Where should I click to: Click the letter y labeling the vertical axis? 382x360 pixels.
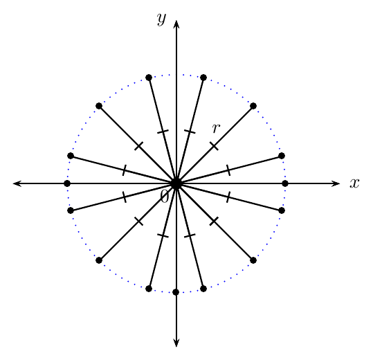(161, 19)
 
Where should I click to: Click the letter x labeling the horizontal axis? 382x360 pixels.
(354, 183)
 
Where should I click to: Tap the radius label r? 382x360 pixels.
(216, 128)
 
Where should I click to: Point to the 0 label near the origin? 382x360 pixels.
(165, 197)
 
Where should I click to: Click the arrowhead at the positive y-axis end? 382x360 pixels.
(176, 24)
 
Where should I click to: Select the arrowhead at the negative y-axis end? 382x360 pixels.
(176, 343)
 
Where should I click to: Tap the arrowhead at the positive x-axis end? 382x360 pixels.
(336, 183)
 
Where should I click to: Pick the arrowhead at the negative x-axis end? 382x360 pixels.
(17, 183)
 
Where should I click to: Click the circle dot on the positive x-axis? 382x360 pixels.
(285, 183)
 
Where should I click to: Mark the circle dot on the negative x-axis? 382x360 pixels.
(67, 183)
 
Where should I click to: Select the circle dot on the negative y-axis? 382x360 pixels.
(176, 292)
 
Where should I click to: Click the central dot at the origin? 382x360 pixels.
(176, 183)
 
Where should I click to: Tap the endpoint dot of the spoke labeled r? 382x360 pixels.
(253, 106)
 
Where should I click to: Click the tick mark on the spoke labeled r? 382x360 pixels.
(214, 146)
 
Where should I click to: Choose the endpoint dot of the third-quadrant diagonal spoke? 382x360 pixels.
(99, 260)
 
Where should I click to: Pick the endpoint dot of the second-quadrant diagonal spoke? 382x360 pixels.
(99, 106)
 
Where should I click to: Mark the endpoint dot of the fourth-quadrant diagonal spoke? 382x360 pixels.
(253, 260)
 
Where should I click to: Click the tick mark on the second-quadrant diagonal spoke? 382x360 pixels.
(138, 146)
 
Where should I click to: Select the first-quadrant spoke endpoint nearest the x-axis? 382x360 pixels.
(282, 156)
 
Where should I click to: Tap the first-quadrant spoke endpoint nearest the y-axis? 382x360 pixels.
(203, 78)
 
